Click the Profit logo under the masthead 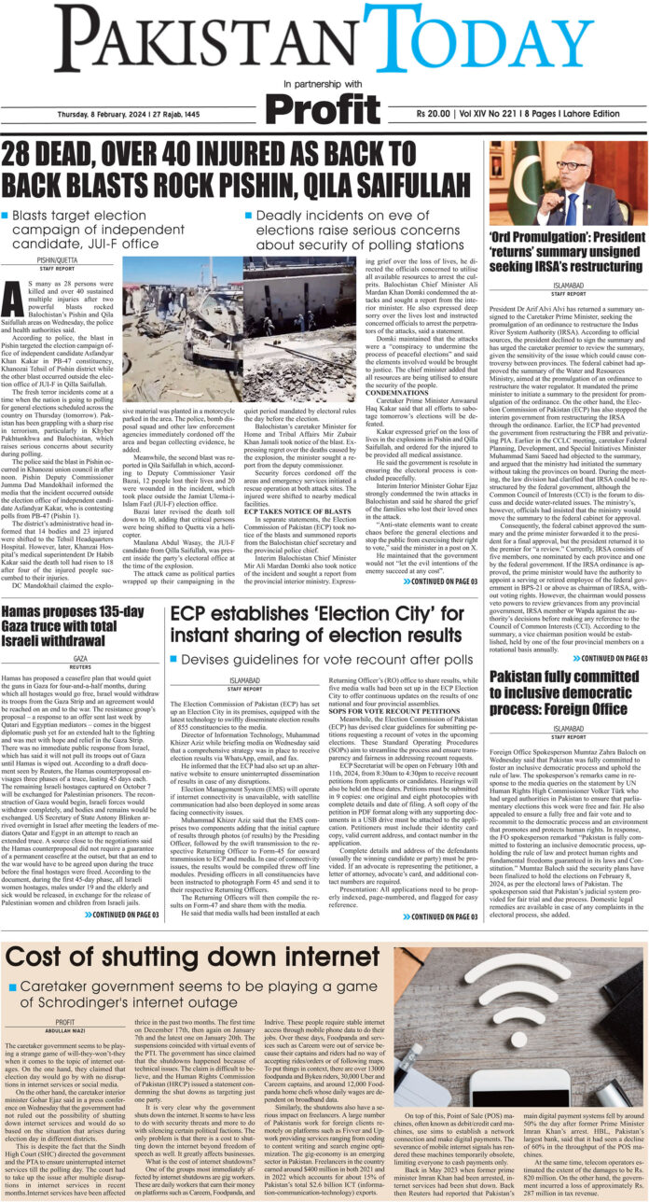click(x=324, y=108)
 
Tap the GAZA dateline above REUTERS click(x=81, y=657)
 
